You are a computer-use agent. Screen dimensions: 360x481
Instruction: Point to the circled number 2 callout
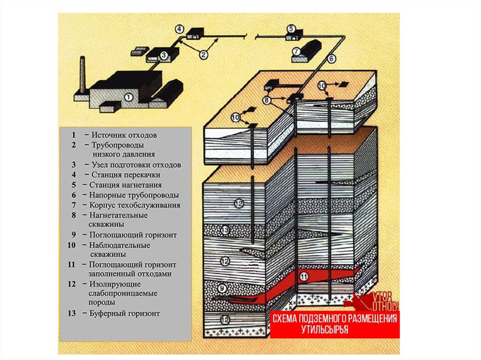coord(203,54)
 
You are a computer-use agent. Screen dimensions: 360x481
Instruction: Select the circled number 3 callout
coord(163,55)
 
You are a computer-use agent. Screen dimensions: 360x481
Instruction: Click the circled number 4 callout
coord(179,29)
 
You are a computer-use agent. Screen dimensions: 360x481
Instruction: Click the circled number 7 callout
coord(296,51)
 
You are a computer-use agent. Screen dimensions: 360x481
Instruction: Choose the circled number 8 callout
coord(266,100)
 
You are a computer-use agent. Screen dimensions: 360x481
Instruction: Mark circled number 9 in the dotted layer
coord(223,286)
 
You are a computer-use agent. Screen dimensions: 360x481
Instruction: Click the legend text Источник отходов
coord(124,135)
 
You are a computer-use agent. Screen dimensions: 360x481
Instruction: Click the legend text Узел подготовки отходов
coord(136,165)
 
